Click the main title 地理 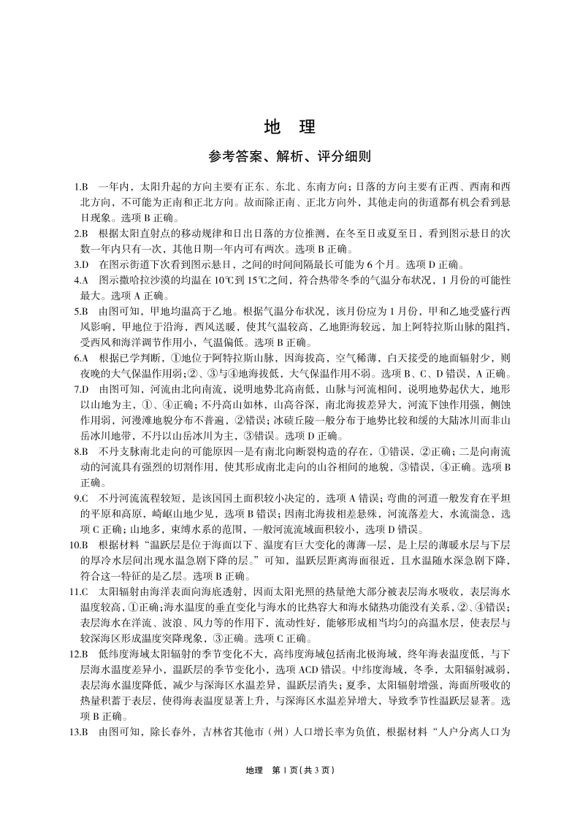click(290, 127)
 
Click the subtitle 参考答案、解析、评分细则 click(290, 156)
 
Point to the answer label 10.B click(79, 545)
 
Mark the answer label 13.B click(79, 732)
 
